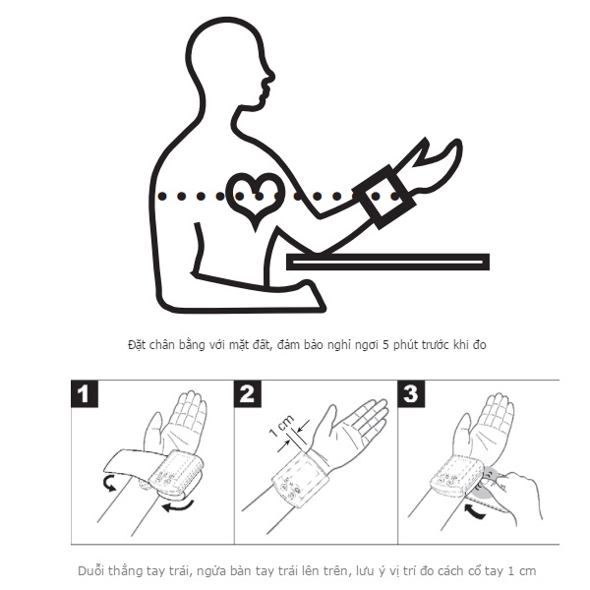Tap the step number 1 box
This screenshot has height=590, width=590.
click(x=85, y=393)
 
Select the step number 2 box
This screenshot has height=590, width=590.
click(x=248, y=393)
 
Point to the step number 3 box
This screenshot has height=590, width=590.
click(x=411, y=393)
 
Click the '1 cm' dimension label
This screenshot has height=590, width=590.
click(x=282, y=427)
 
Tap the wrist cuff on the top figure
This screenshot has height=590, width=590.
click(x=383, y=197)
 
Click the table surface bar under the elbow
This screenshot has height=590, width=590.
click(x=387, y=262)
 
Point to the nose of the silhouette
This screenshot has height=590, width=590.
click(x=269, y=77)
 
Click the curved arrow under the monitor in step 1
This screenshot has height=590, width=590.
click(x=178, y=506)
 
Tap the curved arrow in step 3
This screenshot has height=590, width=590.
click(x=473, y=512)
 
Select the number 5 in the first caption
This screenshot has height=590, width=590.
click(x=385, y=345)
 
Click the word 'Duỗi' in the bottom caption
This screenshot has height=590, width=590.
click(x=89, y=570)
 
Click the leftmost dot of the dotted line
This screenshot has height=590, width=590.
click(x=162, y=196)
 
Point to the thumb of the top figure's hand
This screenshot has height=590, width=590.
click(x=416, y=153)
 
